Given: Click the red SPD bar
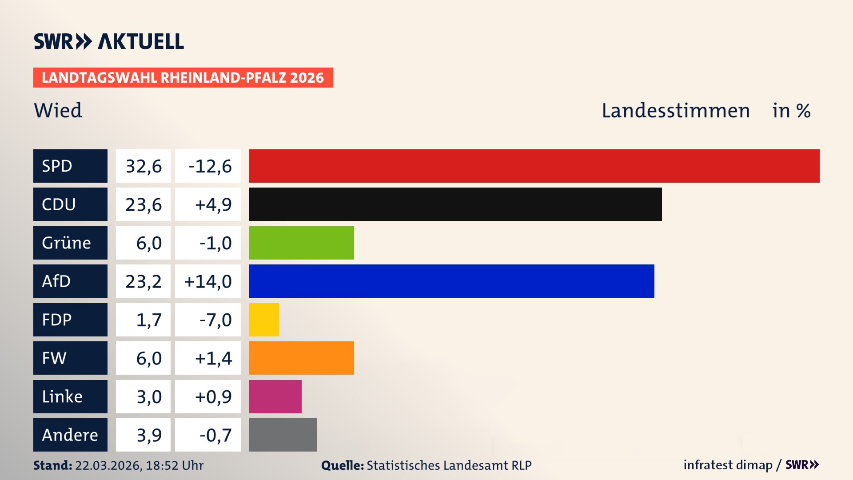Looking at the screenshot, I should (534, 166).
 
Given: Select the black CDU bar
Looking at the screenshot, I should (455, 204).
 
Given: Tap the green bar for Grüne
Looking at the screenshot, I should (301, 243).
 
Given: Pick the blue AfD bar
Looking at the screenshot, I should (451, 281).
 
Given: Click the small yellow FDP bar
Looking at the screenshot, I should (264, 320).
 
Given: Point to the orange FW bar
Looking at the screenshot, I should (301, 358).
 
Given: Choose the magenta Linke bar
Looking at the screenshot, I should (275, 396).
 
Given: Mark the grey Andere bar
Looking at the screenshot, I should (283, 435).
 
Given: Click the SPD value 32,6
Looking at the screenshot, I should (143, 166).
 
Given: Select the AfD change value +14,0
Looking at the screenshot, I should (208, 281).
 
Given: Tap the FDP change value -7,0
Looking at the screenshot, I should (215, 320).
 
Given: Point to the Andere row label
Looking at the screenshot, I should (70, 435).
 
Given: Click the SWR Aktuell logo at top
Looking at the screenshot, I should (109, 41).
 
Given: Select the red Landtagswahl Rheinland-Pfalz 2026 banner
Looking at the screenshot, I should (183, 78).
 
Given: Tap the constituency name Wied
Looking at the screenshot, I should (58, 110).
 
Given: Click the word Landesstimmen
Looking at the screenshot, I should (675, 111).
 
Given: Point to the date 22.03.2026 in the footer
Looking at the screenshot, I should (108, 465).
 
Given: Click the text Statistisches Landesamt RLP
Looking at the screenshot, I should (449, 465).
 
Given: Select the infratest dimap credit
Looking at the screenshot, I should (727, 465).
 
